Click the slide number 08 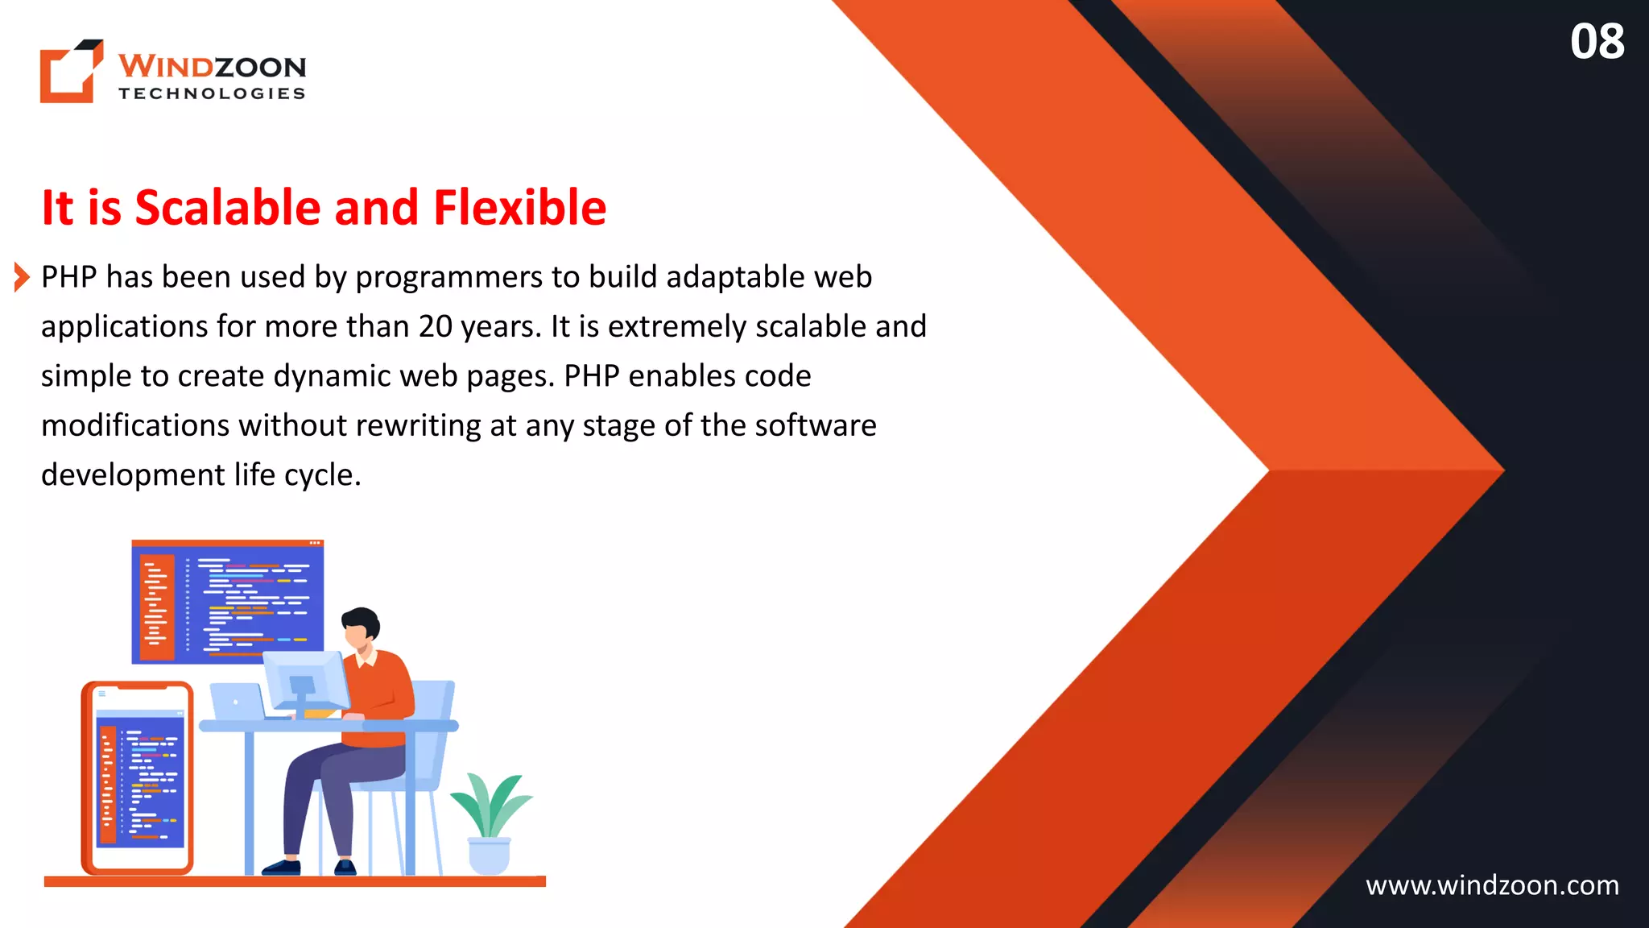(1597, 42)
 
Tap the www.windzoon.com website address (1492, 885)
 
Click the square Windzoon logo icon (71, 72)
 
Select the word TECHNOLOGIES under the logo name (212, 93)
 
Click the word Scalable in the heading (228, 208)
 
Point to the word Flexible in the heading (519, 208)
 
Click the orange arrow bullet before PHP (22, 277)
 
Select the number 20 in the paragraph (435, 326)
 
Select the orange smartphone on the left (138, 777)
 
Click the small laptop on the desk (237, 701)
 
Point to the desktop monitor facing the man (304, 681)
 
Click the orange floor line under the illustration (295, 881)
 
